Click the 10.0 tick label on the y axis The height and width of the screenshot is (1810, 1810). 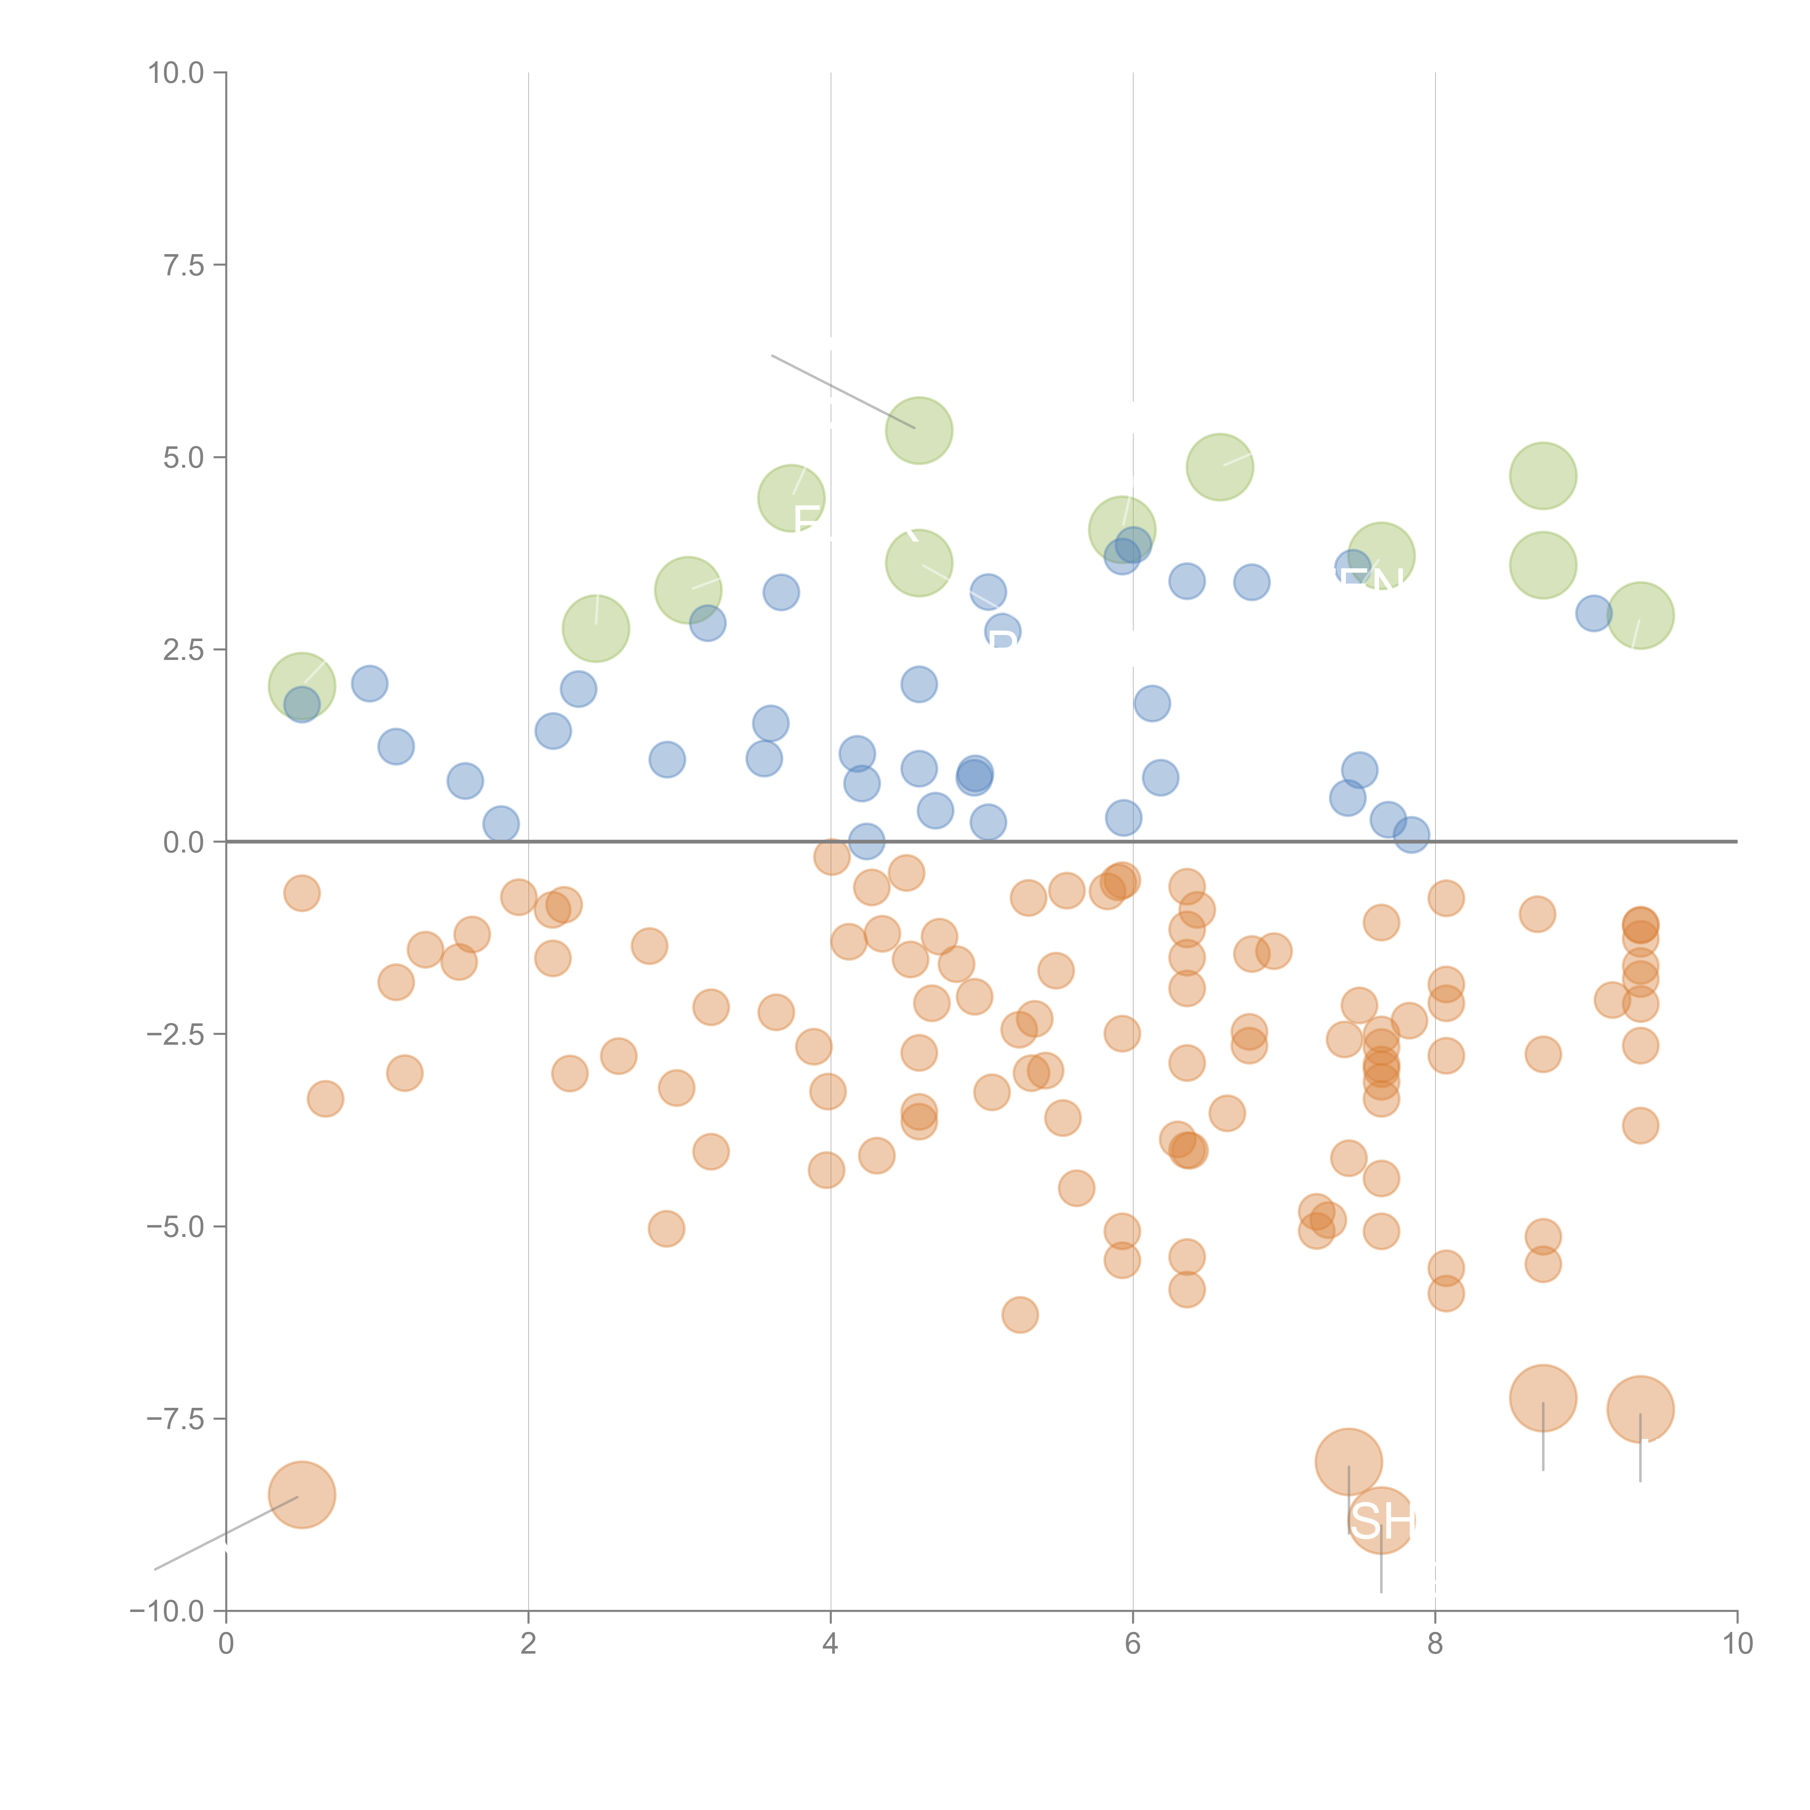(176, 73)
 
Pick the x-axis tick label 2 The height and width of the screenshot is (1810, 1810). (529, 1644)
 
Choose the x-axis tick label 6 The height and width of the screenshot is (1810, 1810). (1133, 1644)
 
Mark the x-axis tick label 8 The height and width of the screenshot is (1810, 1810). (1435, 1644)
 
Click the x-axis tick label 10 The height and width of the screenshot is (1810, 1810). (1737, 1644)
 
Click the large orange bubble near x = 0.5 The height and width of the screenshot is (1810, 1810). (302, 1494)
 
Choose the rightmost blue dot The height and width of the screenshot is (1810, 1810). (1593, 614)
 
